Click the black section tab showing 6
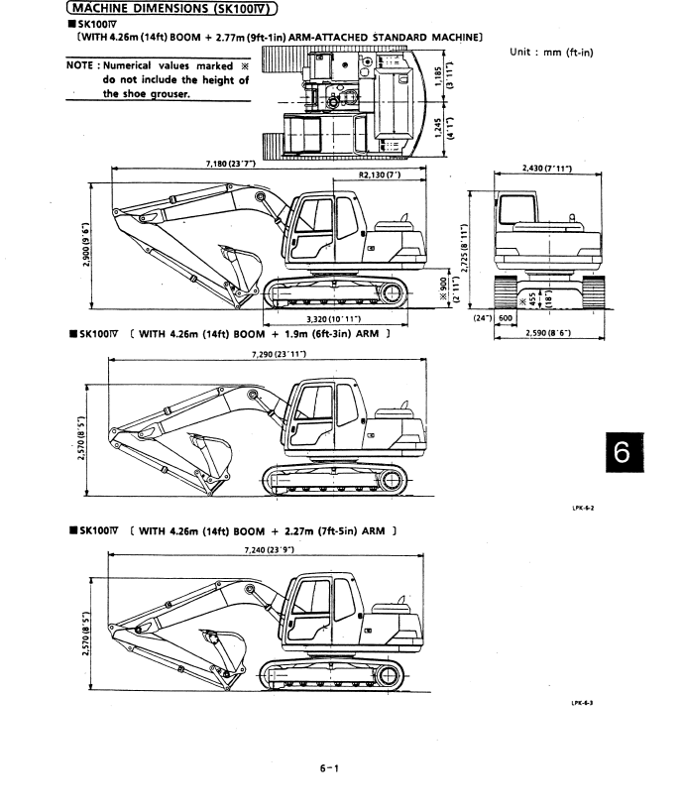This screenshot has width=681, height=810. [x=649, y=456]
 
